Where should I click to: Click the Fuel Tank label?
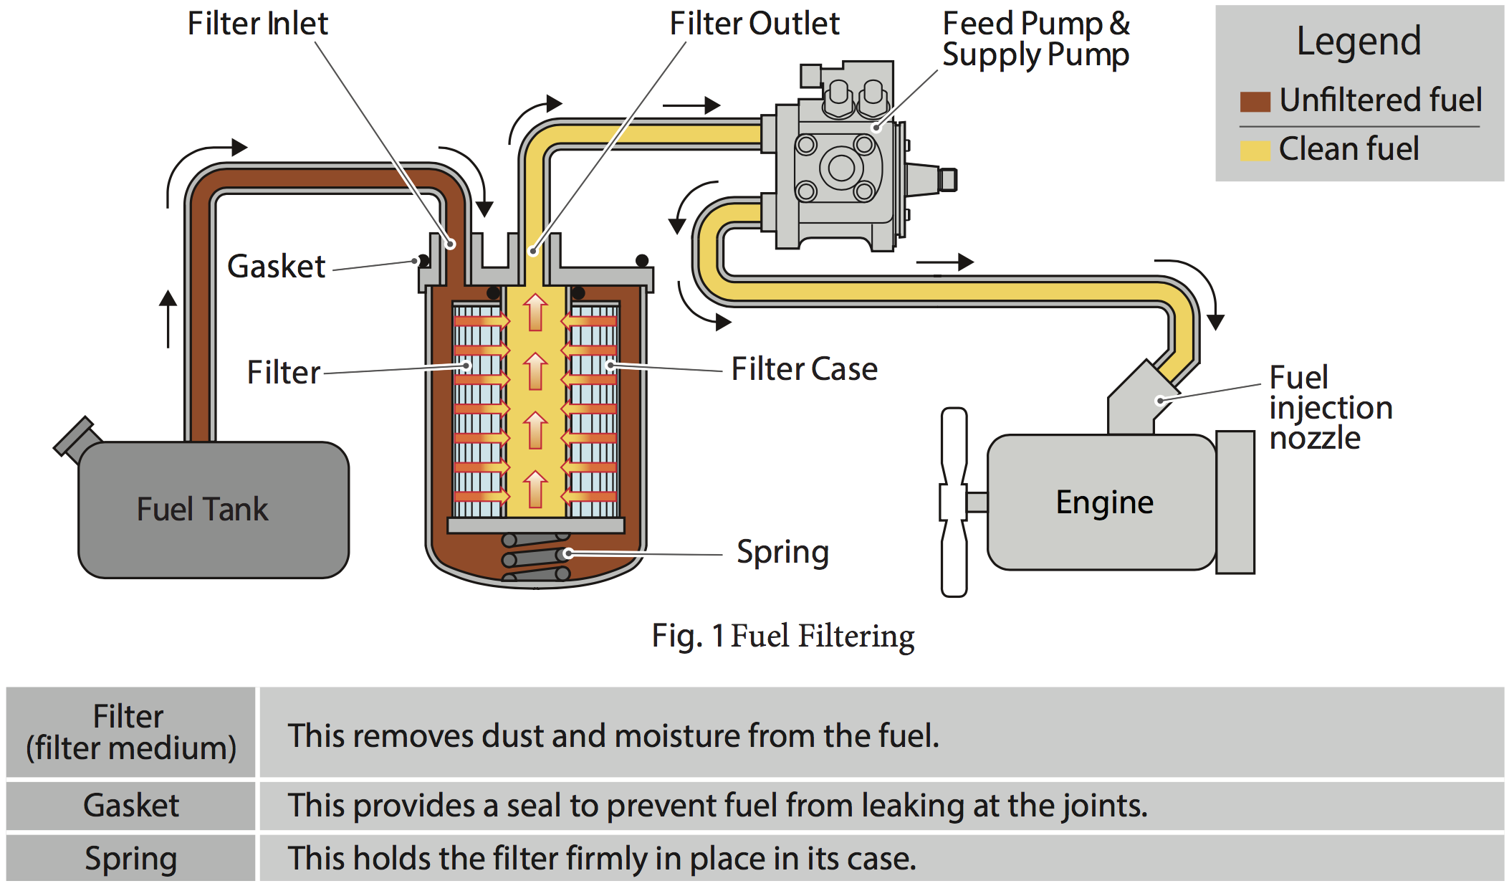coord(202,510)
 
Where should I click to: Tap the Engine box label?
coord(1104,502)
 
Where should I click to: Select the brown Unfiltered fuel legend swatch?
coord(1255,101)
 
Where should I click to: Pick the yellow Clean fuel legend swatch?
coord(1255,150)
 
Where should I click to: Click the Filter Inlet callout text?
coord(257,24)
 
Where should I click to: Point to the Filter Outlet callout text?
coord(754,24)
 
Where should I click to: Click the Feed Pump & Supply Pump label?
coord(1035,39)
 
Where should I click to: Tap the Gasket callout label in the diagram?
coord(276,267)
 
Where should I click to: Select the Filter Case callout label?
coord(804,369)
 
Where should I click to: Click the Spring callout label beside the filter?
coord(782,552)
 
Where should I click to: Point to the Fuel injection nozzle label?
coord(1330,407)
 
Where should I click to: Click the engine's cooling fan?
coord(954,502)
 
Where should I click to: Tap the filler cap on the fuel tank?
coord(75,437)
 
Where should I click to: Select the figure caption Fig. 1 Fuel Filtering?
coord(782,636)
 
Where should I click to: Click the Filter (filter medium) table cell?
coord(130,732)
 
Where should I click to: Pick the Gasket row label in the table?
coord(130,805)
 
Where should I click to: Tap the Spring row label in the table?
coord(130,858)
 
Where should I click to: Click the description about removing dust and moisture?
coord(613,735)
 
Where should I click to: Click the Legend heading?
coord(1359,41)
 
